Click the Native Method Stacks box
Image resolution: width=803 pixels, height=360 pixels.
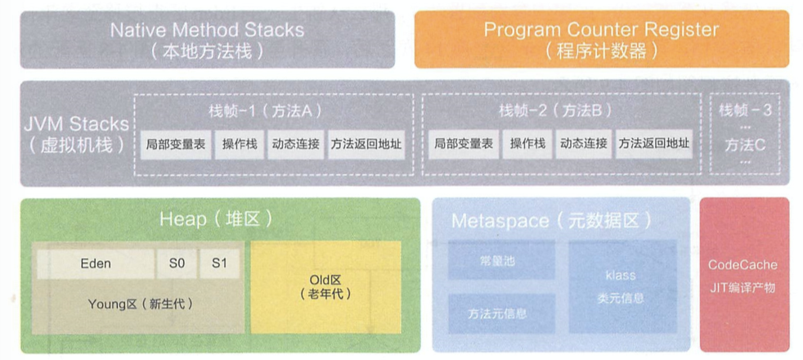tap(207, 39)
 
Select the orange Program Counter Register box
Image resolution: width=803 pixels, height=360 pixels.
tap(601, 39)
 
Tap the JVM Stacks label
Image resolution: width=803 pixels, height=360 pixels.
tap(76, 133)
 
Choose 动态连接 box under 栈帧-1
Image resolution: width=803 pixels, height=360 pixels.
tap(295, 144)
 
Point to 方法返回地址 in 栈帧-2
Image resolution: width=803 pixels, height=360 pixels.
tap(653, 144)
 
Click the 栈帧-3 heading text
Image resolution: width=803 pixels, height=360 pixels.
tap(745, 110)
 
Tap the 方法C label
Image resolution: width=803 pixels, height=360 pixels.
tap(745, 145)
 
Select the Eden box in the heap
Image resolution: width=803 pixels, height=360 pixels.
tap(96, 263)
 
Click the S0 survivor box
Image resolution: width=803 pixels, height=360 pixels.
tap(177, 263)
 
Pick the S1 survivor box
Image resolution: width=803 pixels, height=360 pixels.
tap(219, 263)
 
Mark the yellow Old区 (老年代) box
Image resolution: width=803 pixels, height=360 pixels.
tap(325, 286)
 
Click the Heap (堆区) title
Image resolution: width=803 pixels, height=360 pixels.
tap(215, 219)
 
